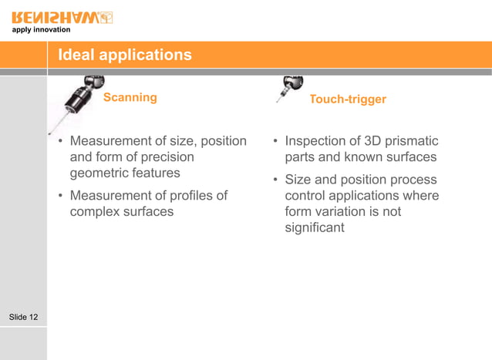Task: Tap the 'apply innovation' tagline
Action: [41, 30]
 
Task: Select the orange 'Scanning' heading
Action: [130, 98]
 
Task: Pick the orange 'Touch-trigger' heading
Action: [347, 99]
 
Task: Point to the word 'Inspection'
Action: [316, 141]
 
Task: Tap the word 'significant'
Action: [315, 227]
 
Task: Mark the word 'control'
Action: [306, 196]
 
